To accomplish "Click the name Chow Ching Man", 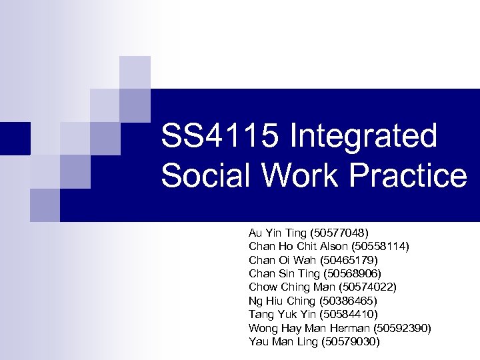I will pos(291,287).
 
